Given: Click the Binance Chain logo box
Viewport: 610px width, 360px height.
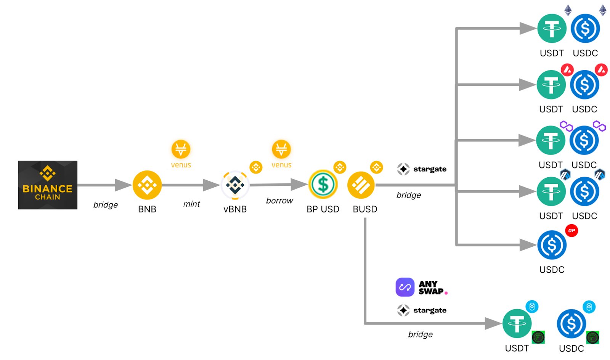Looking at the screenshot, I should click(48, 185).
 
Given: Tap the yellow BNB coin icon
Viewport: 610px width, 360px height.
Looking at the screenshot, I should click(147, 185).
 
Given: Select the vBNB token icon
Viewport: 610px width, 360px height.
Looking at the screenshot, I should click(235, 185).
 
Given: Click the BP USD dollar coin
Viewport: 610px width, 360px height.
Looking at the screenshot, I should click(323, 185).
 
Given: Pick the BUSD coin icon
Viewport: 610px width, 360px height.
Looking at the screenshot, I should click(361, 185).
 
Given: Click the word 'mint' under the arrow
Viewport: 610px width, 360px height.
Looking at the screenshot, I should click(191, 204).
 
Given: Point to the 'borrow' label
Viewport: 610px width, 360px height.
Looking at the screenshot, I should click(279, 201).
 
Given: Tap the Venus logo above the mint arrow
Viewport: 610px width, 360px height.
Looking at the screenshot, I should click(181, 149).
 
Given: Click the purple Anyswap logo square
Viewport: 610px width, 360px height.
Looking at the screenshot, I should click(405, 287).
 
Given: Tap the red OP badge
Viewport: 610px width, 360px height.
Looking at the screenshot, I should click(571, 230).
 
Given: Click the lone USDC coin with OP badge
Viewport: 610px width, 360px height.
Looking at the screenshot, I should click(552, 245).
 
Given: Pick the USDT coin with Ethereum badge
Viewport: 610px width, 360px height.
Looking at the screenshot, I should click(552, 29).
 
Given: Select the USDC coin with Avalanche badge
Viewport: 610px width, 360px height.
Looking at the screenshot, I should click(584, 85).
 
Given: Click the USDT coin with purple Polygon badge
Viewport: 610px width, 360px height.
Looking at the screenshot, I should click(551, 140).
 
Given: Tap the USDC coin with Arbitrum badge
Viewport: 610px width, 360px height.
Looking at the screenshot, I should click(584, 191).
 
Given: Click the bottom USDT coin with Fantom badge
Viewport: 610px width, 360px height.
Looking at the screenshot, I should click(517, 323).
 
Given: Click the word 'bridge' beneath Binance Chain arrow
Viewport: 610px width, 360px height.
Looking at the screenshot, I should click(106, 205).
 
